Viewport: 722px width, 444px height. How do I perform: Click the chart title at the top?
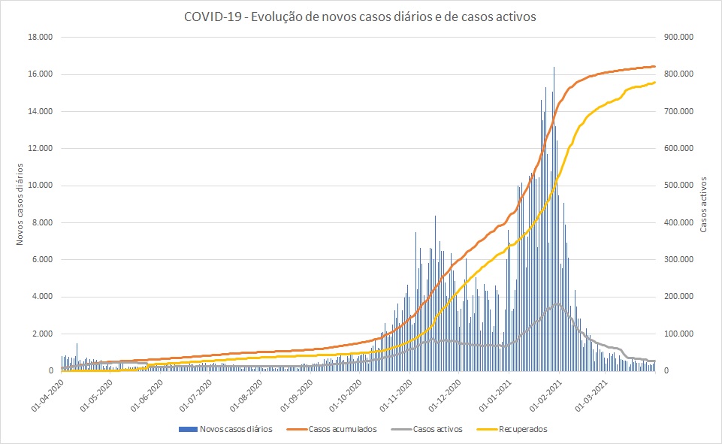360,17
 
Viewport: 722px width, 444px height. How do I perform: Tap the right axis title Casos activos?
703,204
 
